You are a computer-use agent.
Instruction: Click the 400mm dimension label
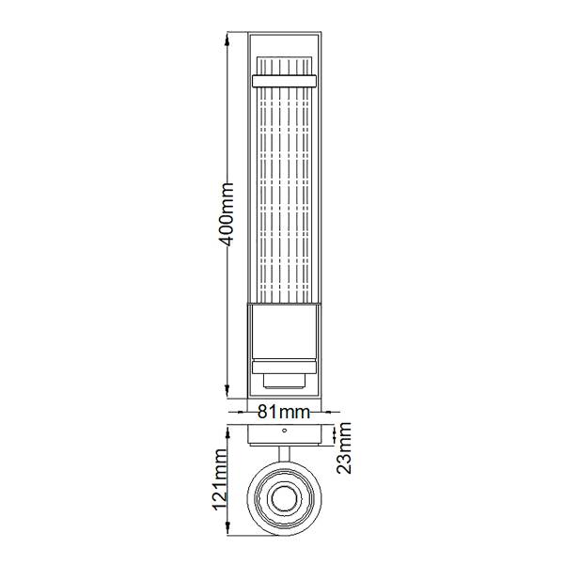click(x=227, y=214)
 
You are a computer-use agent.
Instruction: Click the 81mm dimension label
click(x=284, y=413)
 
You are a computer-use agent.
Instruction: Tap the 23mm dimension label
click(x=344, y=447)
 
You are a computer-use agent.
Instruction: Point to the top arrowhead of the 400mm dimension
click(x=227, y=39)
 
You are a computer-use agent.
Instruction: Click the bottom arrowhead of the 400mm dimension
click(x=227, y=391)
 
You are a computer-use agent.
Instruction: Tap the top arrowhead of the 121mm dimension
click(x=227, y=431)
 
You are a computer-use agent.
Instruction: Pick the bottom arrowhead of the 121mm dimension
click(x=227, y=528)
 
